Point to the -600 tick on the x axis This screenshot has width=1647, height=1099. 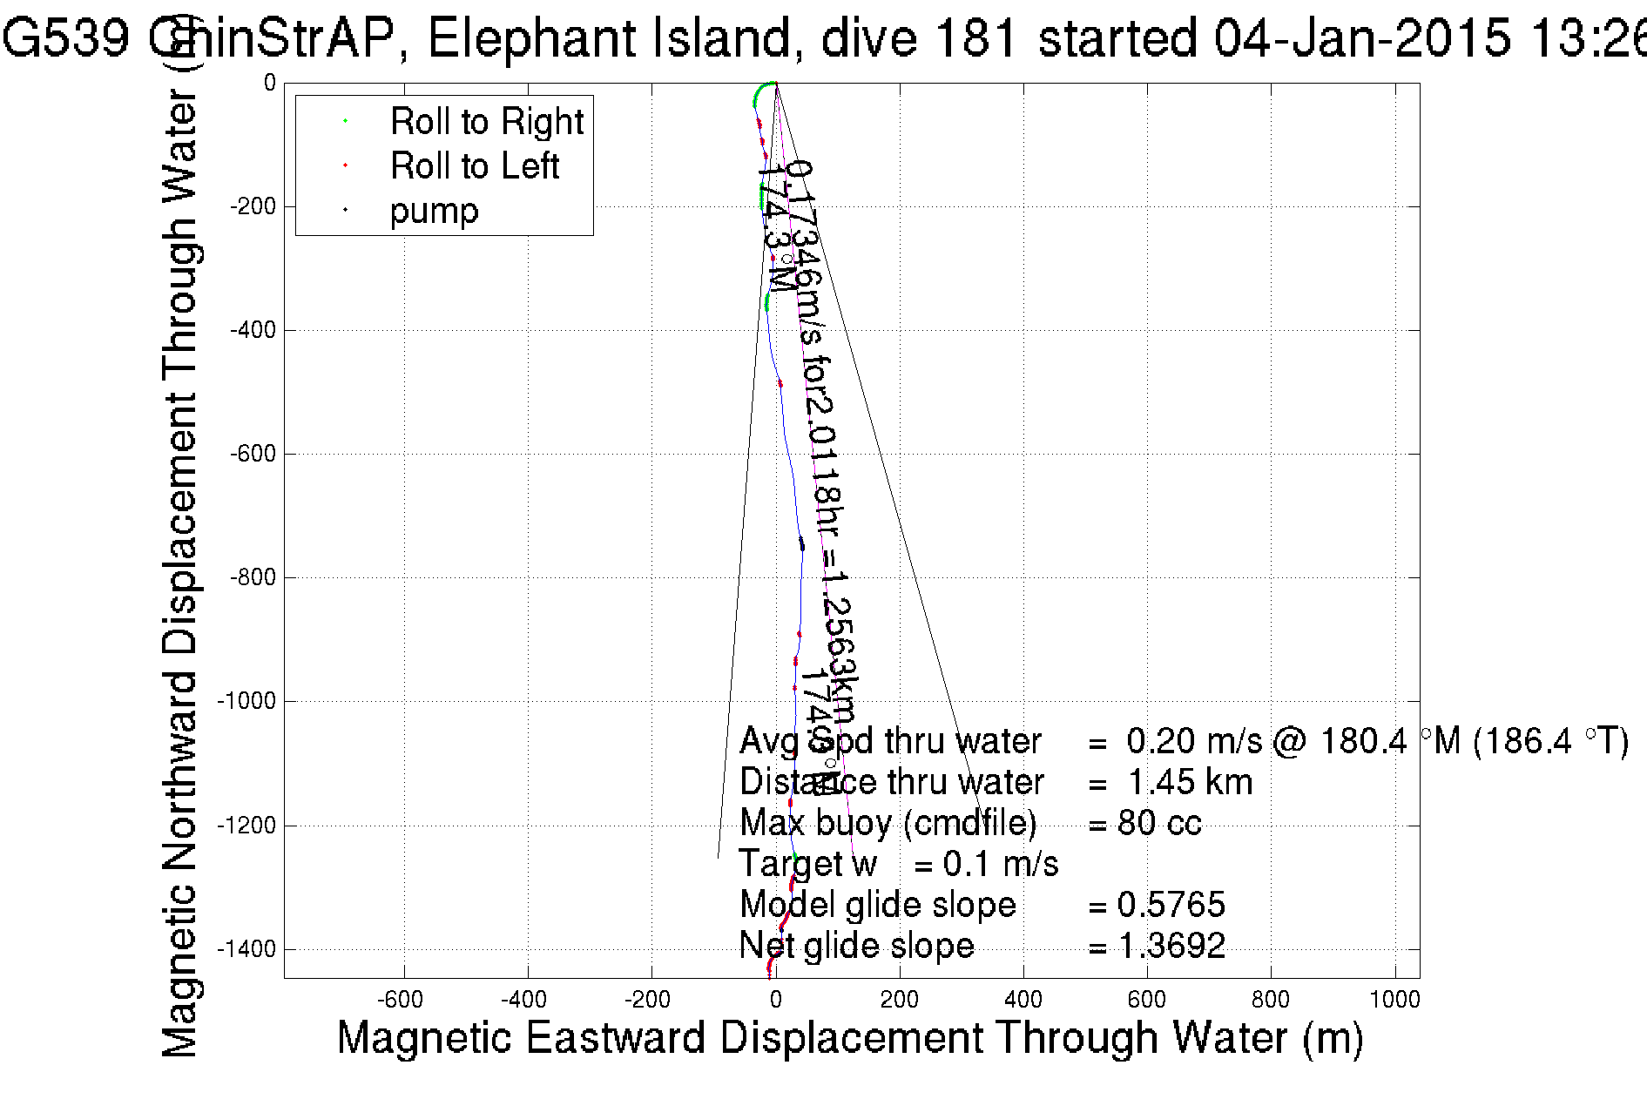[x=404, y=1000]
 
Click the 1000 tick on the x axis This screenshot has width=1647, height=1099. [x=1394, y=1000]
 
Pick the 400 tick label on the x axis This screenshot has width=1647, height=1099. [x=1023, y=1000]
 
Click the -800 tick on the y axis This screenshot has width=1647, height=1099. [x=253, y=577]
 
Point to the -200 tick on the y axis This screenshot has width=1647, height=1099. [x=253, y=206]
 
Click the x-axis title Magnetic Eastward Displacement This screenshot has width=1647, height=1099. [x=849, y=1038]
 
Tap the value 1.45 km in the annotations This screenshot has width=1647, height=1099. [x=1190, y=782]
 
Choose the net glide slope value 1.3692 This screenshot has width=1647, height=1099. [x=1171, y=946]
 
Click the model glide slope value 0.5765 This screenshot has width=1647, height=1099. [x=1171, y=905]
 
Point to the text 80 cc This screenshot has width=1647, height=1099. [x=1159, y=823]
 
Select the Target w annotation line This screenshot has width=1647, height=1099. [x=898, y=864]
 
